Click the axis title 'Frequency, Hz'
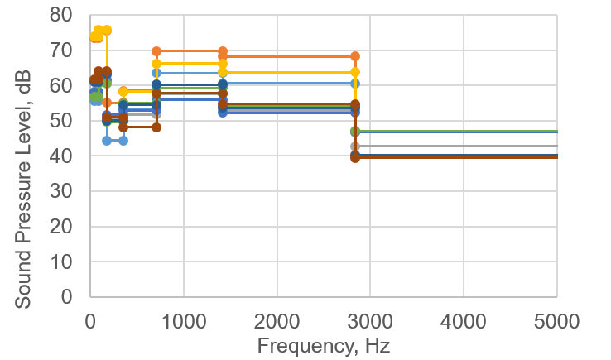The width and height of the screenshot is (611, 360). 323,344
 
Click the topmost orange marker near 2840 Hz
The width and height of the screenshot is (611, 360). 355,56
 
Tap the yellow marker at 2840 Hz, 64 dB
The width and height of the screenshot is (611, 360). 355,72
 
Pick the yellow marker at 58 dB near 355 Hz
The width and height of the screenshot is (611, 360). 123,91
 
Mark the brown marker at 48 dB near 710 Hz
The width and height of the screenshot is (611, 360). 156,127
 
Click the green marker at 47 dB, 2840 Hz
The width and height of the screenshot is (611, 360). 355,132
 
